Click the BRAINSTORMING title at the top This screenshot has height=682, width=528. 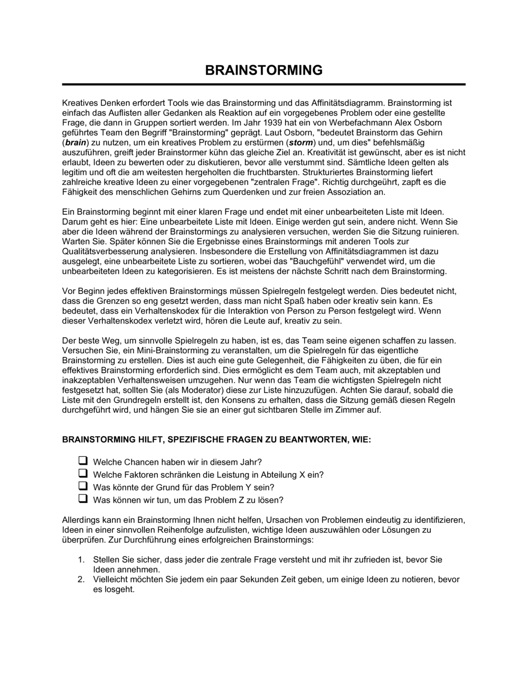pos(263,70)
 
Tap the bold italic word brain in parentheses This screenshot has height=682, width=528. pos(74,143)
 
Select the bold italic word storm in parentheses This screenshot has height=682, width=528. pos(300,143)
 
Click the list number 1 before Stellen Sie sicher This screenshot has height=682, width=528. pos(81,559)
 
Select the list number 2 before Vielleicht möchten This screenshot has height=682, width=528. pos(81,579)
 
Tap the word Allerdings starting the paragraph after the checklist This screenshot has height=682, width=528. pos(81,520)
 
